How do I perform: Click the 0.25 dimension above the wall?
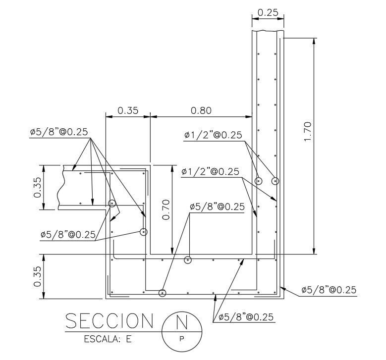pos(268,12)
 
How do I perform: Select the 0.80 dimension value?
pos(201,110)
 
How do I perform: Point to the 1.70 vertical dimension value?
pos(308,131)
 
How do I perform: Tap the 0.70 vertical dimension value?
pos(166,209)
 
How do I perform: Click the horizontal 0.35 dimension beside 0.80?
pos(128,110)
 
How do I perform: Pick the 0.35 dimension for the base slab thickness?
pos(38,276)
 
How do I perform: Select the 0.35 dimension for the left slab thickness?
pos(38,188)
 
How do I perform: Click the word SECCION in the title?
pos(110,320)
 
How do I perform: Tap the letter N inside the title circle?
pos(182,321)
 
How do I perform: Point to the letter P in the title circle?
pos(182,339)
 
